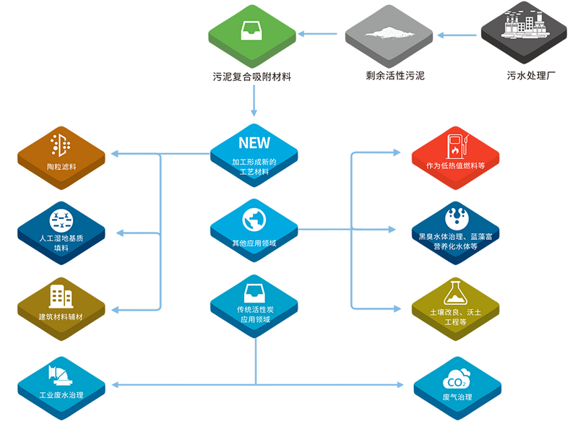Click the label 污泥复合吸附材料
pos(251,77)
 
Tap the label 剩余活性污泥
pos(394,76)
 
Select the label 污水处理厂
pos(531,76)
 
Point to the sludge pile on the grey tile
pos(389,33)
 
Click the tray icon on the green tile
pos(251,30)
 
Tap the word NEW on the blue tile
pos(254,143)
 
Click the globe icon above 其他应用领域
pos(254,220)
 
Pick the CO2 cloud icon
pos(457,379)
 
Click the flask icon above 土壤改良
pos(456,293)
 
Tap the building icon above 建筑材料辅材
pos(61,296)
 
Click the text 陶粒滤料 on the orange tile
pos(61,167)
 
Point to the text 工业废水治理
pos(61,395)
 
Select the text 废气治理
pos(457,397)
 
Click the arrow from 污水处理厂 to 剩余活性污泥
pos(457,35)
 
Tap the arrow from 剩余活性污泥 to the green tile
pos(317,34)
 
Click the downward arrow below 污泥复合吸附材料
pos(254,100)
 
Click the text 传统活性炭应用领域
pos(255,314)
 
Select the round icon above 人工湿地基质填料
pos(61,221)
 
